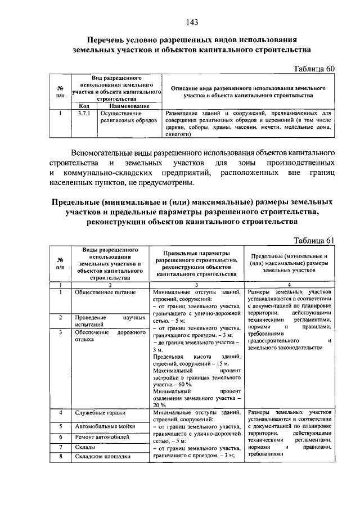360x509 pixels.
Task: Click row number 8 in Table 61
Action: pyautogui.click(x=60, y=457)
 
